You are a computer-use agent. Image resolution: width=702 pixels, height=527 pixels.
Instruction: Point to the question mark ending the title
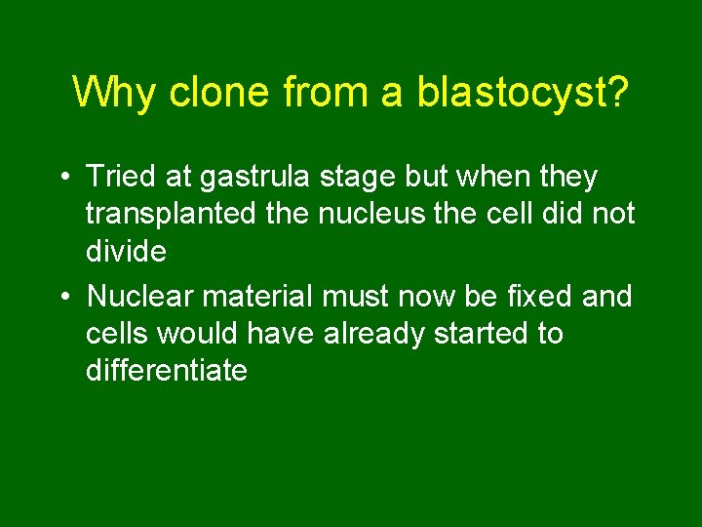pyautogui.click(x=617, y=92)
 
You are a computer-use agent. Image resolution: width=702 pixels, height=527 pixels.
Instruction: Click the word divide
pyautogui.click(x=126, y=251)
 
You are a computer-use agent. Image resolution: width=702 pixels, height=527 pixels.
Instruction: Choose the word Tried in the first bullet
pyautogui.click(x=120, y=177)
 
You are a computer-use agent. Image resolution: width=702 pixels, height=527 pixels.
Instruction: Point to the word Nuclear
pyautogui.click(x=139, y=296)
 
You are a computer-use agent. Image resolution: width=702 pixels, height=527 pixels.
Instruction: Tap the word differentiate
pyautogui.click(x=167, y=371)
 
